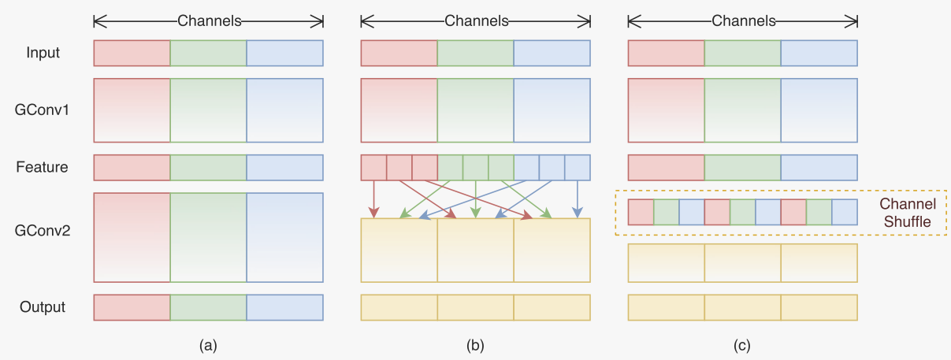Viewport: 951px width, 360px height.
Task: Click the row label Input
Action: (43, 54)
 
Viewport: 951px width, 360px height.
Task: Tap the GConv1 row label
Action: (43, 110)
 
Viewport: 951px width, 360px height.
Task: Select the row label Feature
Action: (43, 167)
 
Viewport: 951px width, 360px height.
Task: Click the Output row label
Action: (43, 307)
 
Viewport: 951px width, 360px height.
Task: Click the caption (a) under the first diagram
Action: (208, 345)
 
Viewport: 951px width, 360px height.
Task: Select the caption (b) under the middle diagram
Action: (475, 345)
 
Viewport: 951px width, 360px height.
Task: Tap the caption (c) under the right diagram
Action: (742, 345)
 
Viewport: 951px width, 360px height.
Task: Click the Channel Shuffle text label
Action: (908, 213)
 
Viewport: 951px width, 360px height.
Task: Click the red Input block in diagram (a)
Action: (132, 54)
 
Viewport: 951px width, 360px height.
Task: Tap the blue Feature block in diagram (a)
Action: (284, 167)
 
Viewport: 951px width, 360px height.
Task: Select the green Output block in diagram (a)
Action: (208, 307)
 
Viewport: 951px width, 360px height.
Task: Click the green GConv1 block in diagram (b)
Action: (475, 110)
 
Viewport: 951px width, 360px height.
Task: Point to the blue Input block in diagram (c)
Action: (819, 54)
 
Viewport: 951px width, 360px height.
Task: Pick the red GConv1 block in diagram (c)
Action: (666, 110)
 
